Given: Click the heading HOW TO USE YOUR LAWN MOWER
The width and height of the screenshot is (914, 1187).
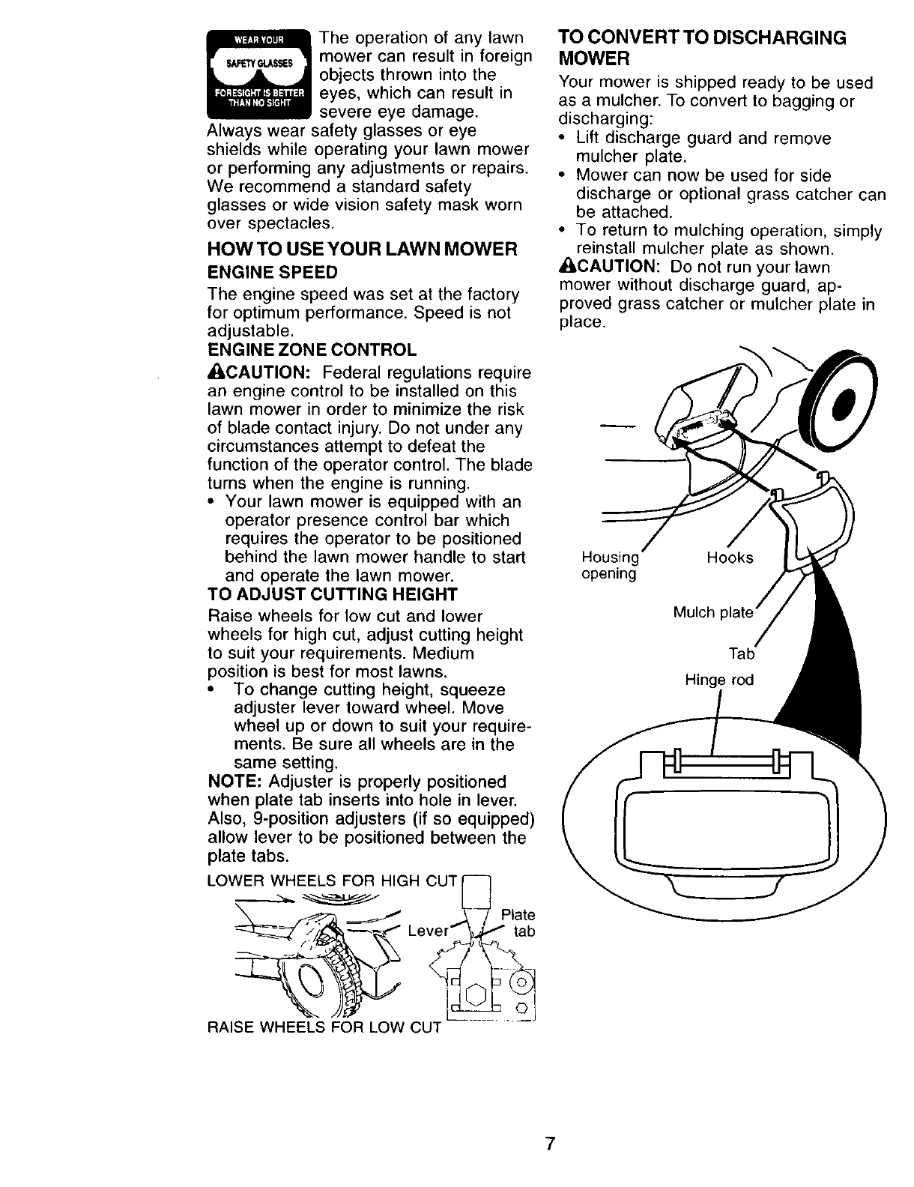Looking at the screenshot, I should (361, 250).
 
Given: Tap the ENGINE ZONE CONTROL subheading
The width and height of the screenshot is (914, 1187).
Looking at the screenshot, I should (311, 350).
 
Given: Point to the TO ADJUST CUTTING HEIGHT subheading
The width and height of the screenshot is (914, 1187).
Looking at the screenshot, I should (331, 595).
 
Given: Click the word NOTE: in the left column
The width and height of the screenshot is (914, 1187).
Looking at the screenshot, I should (233, 782).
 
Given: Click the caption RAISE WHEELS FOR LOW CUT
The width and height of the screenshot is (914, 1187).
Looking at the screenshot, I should (323, 1027).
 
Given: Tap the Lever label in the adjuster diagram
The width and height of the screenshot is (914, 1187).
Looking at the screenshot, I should (428, 931).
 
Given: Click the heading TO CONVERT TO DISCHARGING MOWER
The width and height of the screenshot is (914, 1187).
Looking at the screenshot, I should (702, 47).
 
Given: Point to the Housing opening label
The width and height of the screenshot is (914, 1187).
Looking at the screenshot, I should (610, 566).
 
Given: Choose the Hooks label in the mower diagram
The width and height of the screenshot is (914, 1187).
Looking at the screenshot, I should (730, 558).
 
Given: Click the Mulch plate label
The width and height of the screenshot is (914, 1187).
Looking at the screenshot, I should (712, 613).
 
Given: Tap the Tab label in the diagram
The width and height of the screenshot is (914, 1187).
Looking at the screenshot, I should (741, 654).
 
